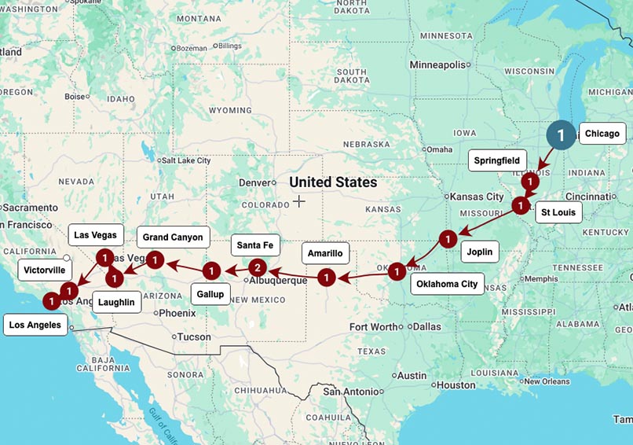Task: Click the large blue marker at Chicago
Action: pyautogui.click(x=561, y=135)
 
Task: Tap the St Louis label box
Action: pyautogui.click(x=558, y=212)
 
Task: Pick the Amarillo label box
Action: pyautogui.click(x=325, y=253)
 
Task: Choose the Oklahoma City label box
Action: pyautogui.click(x=447, y=284)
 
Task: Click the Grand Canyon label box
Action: pyautogui.click(x=173, y=237)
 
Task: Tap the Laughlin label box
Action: pyautogui.click(x=117, y=301)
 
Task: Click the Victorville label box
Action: pyautogui.click(x=45, y=270)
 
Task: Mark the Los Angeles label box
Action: pyautogui.click(x=36, y=325)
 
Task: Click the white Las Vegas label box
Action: pyautogui.click(x=96, y=234)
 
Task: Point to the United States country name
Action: pyautogui.click(x=333, y=182)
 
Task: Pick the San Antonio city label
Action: pyautogui.click(x=350, y=391)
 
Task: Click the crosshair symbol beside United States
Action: pyautogui.click(x=299, y=201)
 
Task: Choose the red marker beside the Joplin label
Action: pyautogui.click(x=447, y=238)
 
